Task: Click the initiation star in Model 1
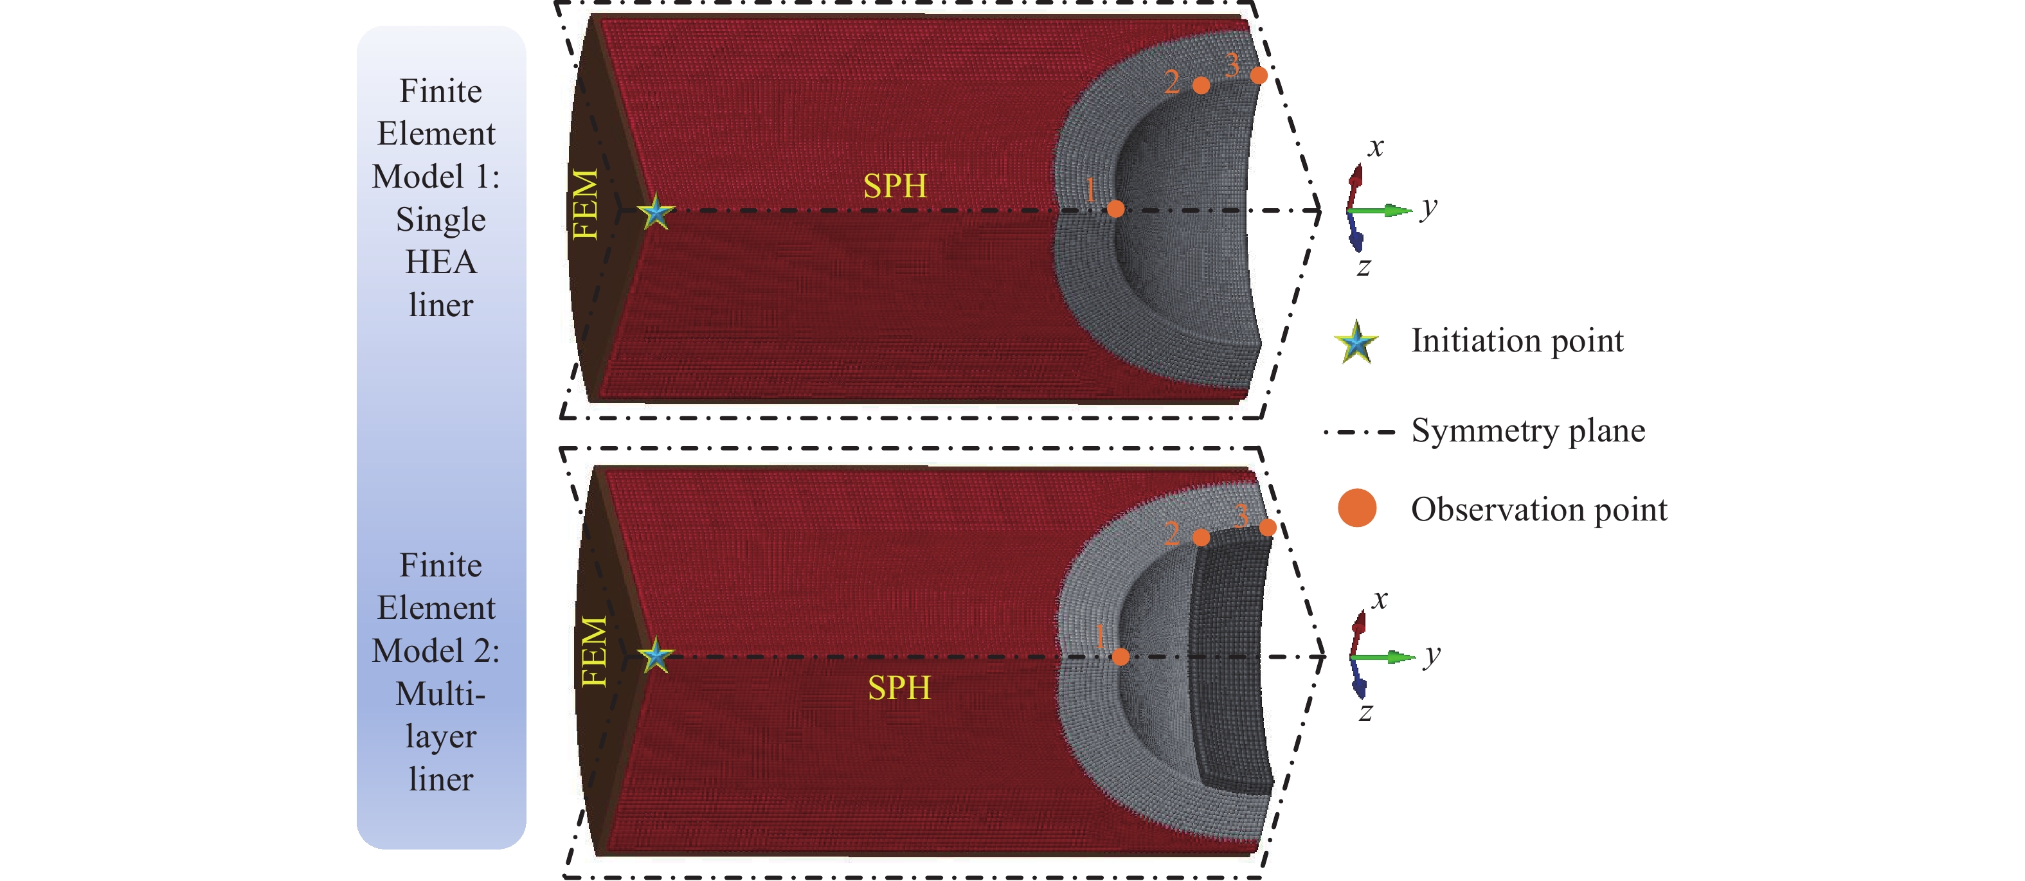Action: (x=655, y=211)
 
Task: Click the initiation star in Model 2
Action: (x=655, y=655)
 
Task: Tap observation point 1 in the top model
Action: (x=1115, y=208)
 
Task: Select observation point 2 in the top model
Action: (x=1200, y=85)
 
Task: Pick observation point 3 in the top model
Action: (x=1259, y=75)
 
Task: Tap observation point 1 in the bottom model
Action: (x=1121, y=656)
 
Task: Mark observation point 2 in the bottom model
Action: (x=1200, y=538)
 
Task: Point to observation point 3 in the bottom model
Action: (x=1267, y=528)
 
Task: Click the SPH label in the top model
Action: (x=895, y=186)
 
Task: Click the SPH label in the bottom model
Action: (x=899, y=688)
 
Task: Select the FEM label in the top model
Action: (x=586, y=204)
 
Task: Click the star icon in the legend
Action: (x=1356, y=343)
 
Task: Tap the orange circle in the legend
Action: (x=1357, y=508)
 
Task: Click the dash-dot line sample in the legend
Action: (x=1359, y=431)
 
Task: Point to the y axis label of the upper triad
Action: (x=1428, y=207)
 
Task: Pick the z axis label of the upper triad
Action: (x=1364, y=267)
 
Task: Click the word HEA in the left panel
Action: (x=440, y=262)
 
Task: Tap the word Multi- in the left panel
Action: (x=440, y=694)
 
